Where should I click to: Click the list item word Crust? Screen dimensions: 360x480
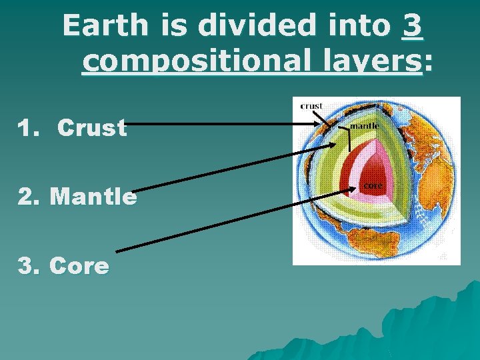coord(92,128)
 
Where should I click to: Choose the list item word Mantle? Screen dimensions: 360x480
coord(93,197)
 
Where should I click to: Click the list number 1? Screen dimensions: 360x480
coord(27,128)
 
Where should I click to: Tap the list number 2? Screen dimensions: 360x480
coord(28,197)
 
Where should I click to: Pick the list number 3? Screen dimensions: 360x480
coord(28,266)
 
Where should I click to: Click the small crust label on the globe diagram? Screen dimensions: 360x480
coord(312,105)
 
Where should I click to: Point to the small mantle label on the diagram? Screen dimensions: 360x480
coord(365,125)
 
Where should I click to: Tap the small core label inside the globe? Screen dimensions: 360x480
coord(372,185)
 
